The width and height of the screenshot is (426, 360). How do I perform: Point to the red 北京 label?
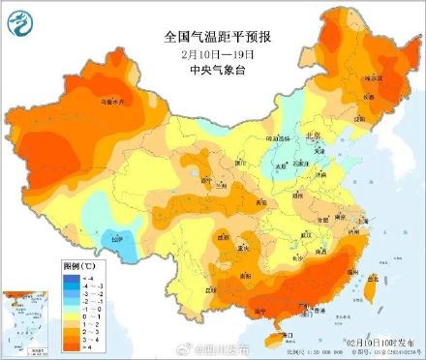(x=313, y=137)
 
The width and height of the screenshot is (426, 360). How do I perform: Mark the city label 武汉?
(x=309, y=235)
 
